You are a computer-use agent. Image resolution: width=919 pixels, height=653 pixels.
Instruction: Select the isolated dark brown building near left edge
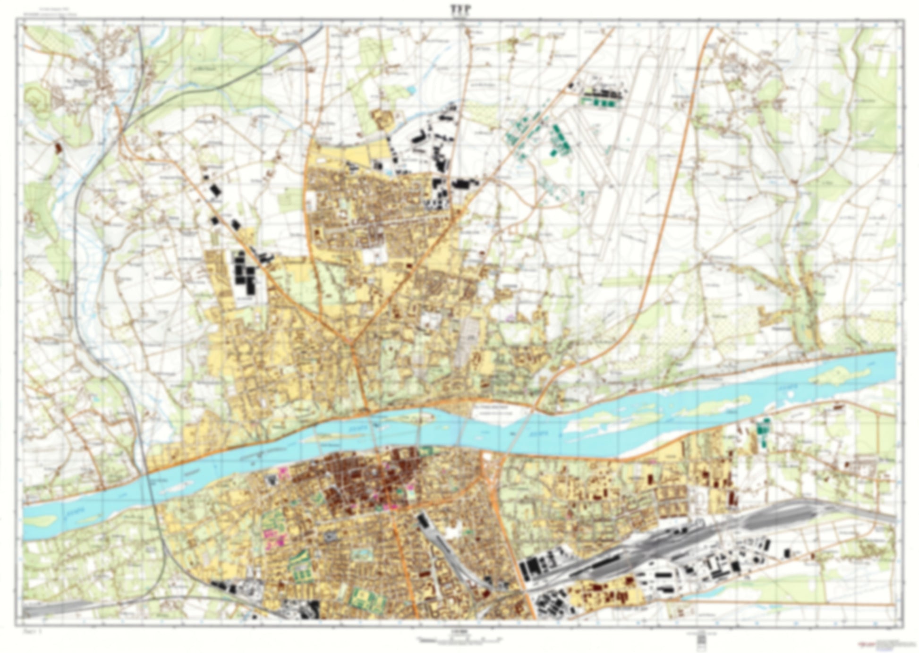pyautogui.click(x=59, y=147)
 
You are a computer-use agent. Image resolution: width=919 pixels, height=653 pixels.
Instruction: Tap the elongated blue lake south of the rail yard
pyautogui.click(x=708, y=597)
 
